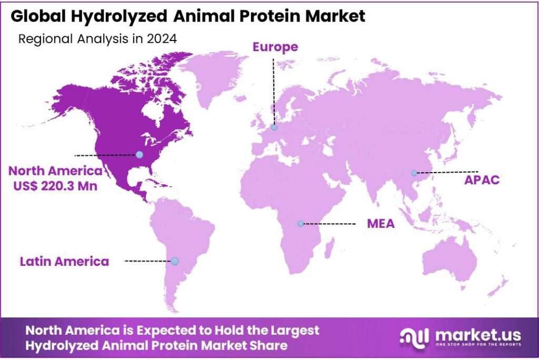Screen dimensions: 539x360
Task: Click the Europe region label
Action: tap(275, 47)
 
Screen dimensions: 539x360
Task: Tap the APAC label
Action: tap(482, 180)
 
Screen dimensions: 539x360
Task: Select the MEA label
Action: tap(381, 224)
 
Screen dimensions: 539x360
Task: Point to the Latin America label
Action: tap(64, 262)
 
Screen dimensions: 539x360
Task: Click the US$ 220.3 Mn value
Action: tap(55, 186)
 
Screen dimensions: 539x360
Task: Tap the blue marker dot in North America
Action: tap(139, 155)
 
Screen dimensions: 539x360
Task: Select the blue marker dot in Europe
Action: tap(274, 127)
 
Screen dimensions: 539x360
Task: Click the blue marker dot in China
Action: tap(414, 173)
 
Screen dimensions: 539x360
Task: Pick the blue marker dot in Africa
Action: tap(301, 224)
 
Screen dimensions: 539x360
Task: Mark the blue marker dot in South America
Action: tap(175, 262)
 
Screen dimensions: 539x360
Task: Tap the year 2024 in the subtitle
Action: tap(162, 38)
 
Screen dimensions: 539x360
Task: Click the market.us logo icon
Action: tap(414, 338)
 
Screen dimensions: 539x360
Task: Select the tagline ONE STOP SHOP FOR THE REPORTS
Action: tap(478, 344)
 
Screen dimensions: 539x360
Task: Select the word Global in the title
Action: tap(37, 16)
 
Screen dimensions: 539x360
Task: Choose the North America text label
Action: tap(55, 171)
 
